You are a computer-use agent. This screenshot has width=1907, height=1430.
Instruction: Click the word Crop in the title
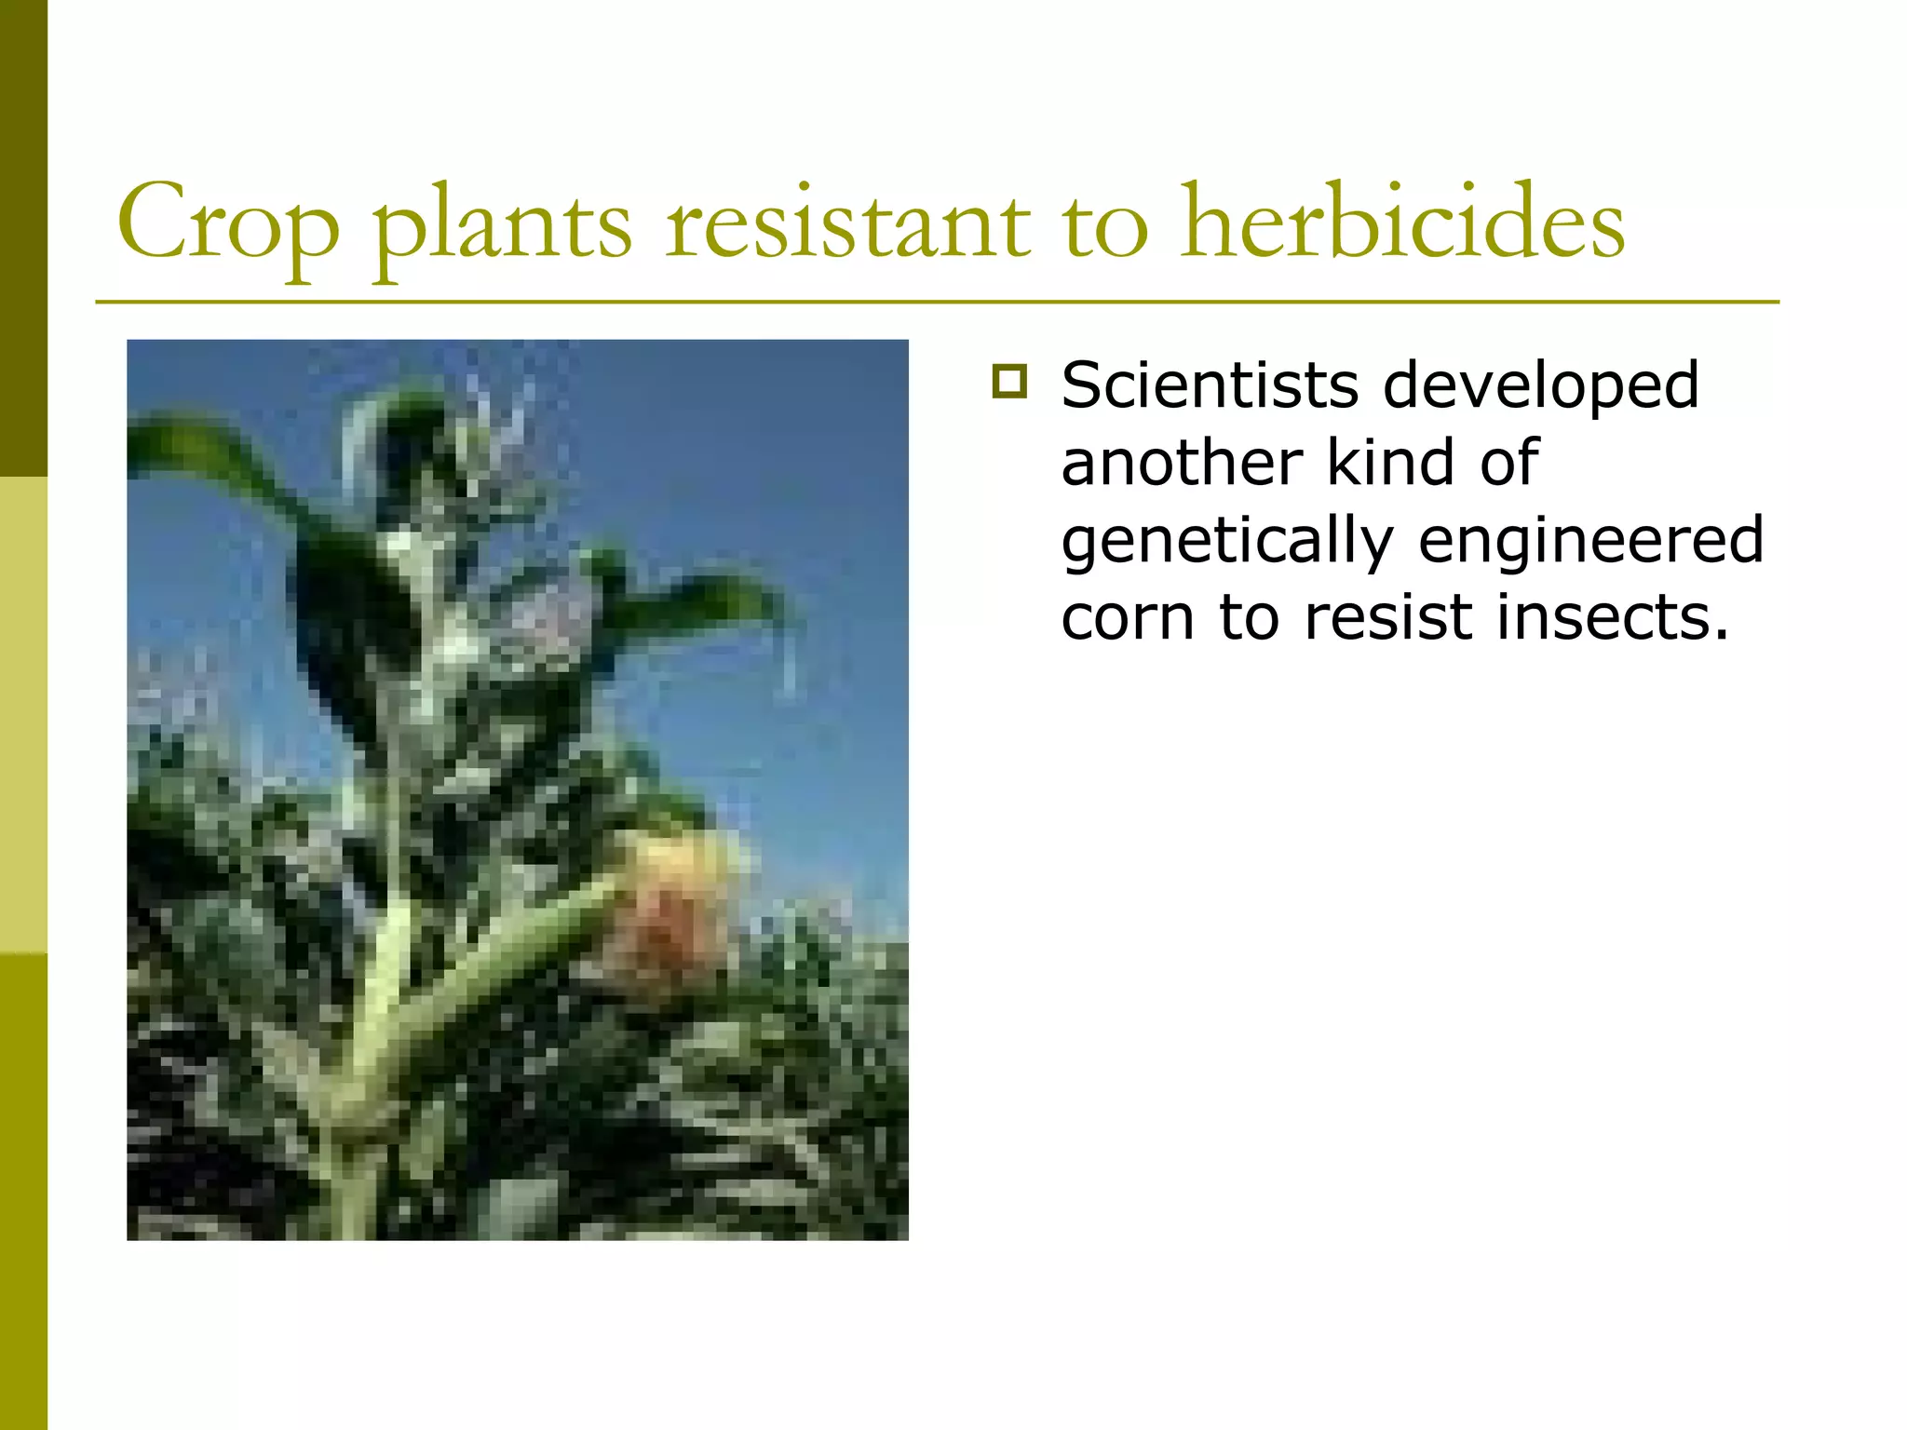coord(228,223)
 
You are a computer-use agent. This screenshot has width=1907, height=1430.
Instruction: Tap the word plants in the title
coord(503,228)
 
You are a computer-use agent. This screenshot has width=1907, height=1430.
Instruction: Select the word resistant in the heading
coord(847,223)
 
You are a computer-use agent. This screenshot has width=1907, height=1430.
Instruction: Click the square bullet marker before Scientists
coord(1009,382)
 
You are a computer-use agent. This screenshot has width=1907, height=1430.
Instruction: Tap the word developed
coord(1541,386)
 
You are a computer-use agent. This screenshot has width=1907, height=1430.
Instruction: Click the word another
coord(1182,463)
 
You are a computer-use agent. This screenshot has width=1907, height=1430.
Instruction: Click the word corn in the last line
coord(1127,617)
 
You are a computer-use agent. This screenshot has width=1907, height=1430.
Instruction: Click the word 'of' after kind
coord(1509,463)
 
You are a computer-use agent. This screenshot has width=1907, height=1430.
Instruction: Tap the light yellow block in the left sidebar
coord(23,715)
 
